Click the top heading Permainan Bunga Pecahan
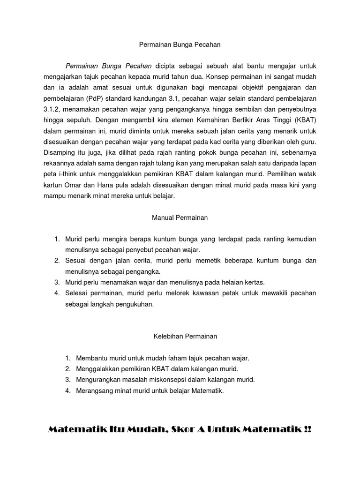[x=180, y=45]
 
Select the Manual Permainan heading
[x=180, y=217]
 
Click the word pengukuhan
[x=130, y=304]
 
